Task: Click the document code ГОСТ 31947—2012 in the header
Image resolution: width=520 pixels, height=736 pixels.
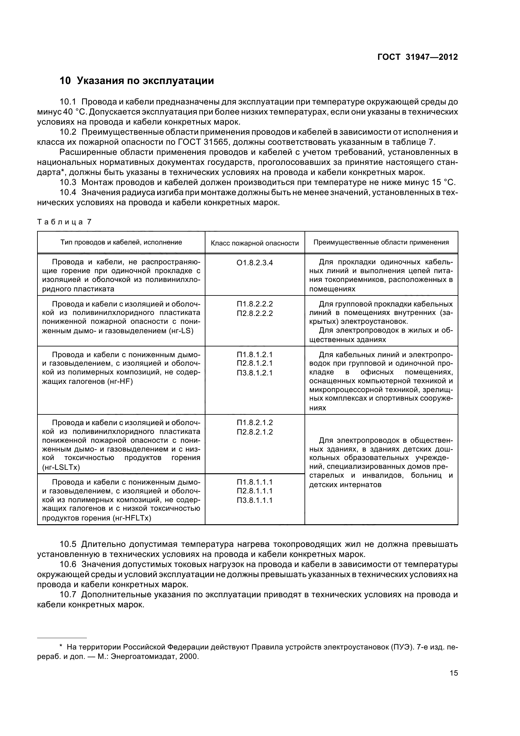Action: (x=417, y=57)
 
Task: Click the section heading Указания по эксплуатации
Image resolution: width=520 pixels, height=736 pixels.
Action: (x=145, y=81)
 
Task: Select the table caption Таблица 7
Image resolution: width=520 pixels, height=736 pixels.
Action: (x=64, y=222)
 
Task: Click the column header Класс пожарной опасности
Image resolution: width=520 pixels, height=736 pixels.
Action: (x=255, y=243)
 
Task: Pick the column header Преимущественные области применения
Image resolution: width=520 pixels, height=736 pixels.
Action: (x=381, y=242)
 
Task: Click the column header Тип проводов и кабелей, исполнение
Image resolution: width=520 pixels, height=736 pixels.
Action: (x=121, y=242)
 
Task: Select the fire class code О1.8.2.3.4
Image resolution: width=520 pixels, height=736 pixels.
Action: (x=255, y=263)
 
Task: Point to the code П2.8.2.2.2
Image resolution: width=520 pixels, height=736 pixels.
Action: (x=255, y=313)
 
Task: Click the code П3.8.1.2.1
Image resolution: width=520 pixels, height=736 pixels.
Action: (x=255, y=373)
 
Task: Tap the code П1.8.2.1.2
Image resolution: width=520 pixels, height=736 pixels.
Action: (x=255, y=423)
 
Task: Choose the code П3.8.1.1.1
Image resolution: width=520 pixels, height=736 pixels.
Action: (x=255, y=500)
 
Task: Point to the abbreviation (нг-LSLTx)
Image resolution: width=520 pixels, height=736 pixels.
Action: (x=61, y=467)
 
